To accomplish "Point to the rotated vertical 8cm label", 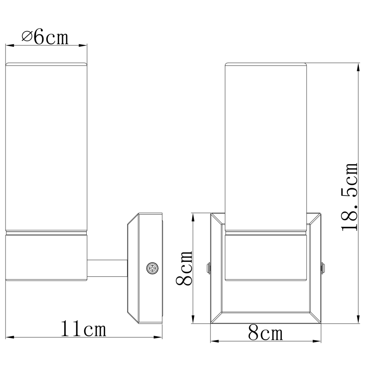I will pos(184,268).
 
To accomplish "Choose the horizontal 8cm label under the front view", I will pos(265,333).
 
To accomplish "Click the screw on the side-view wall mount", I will pos(152,268).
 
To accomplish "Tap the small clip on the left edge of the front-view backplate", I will pos(208,268).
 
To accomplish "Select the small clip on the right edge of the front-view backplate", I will pos(323,268).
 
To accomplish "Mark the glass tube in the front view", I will pos(266,147).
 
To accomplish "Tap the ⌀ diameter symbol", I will pos(26,37).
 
